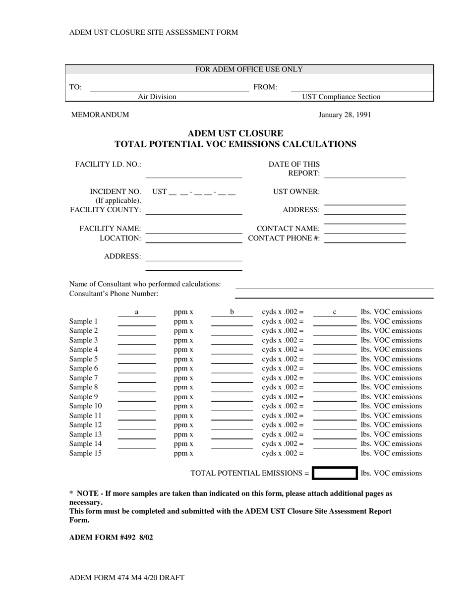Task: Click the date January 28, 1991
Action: tap(345, 115)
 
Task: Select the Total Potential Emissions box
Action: tap(335, 473)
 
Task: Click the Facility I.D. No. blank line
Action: tap(194, 173)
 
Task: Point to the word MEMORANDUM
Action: tap(100, 115)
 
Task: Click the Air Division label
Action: tap(157, 97)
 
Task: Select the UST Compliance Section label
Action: tap(342, 97)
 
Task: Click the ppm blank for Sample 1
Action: tap(137, 322)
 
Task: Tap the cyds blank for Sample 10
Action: tap(232, 407)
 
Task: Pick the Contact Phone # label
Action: tap(284, 238)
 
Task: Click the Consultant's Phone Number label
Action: tap(114, 294)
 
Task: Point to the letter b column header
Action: tap(232, 312)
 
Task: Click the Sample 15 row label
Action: tap(86, 453)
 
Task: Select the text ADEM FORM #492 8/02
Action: tap(111, 537)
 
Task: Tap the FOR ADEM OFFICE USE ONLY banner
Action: tap(249, 69)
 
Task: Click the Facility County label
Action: tap(106, 210)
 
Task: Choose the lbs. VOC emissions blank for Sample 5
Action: tap(335, 360)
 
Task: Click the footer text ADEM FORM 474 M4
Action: tap(126, 577)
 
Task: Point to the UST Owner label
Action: tap(296, 191)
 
